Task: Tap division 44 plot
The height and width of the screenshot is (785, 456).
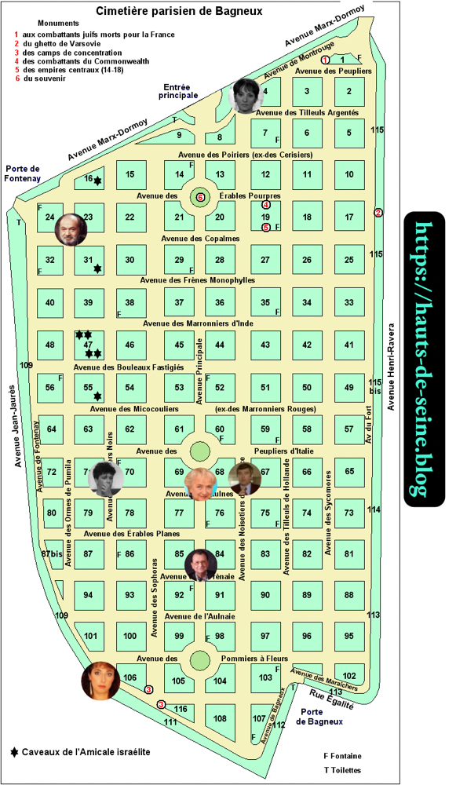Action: (x=221, y=345)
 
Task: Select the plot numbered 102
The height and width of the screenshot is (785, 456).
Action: (x=349, y=676)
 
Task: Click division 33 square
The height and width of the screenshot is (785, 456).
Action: (x=349, y=303)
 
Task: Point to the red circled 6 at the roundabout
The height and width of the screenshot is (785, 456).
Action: (x=200, y=197)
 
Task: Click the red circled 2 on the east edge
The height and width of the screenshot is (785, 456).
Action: (x=378, y=213)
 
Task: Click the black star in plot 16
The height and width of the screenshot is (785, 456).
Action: (x=98, y=182)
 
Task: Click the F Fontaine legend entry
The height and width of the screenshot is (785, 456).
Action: (x=344, y=756)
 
